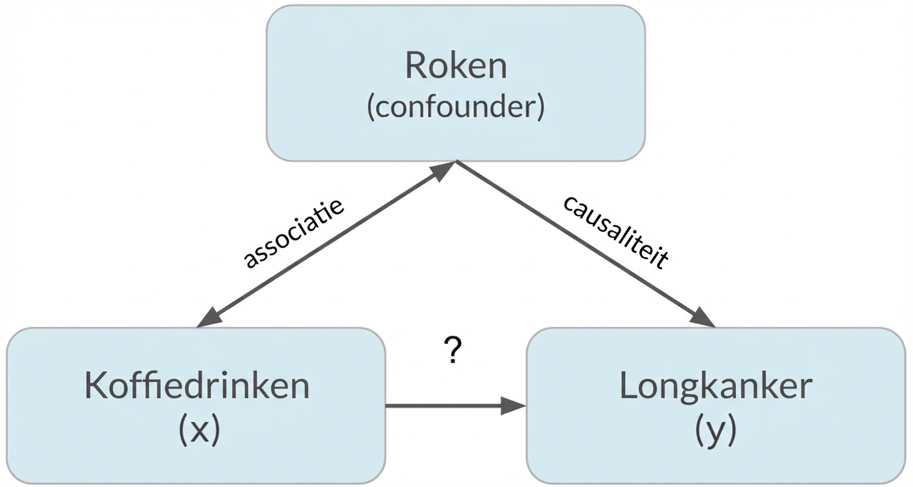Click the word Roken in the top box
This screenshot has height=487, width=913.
456,66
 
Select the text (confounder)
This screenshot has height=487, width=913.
456,108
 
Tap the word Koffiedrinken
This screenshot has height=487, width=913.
196,387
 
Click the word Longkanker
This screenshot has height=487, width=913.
716,387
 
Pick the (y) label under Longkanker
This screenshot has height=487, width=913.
716,429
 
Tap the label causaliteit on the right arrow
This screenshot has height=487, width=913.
615,231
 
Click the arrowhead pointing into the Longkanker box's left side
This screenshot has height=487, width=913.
514,406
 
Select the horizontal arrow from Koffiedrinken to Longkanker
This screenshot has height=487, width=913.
447,406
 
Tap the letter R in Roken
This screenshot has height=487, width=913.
416,66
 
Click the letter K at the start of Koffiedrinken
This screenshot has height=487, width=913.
95,387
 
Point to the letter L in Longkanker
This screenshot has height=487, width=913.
628,387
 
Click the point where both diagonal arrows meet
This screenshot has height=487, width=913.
456,161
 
